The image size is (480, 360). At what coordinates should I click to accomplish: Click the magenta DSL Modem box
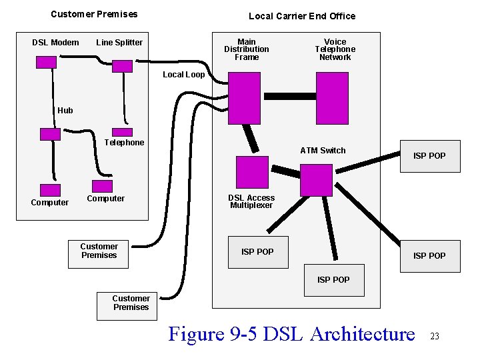pyautogui.click(x=46, y=62)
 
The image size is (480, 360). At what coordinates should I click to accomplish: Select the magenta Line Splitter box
pyautogui.click(x=123, y=66)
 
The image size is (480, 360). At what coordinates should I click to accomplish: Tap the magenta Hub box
pyautogui.click(x=50, y=133)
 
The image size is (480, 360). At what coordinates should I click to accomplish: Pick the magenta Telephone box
pyautogui.click(x=123, y=133)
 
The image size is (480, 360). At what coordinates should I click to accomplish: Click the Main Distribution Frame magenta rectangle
pyautogui.click(x=244, y=98)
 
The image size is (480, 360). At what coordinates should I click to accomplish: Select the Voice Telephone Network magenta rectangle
pyautogui.click(x=331, y=98)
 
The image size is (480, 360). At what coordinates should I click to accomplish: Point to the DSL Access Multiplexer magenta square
pyautogui.click(x=251, y=172)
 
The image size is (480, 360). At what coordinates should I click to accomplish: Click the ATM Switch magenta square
pyautogui.click(x=316, y=180)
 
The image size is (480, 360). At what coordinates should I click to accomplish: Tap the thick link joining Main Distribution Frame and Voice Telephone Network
pyautogui.click(x=288, y=96)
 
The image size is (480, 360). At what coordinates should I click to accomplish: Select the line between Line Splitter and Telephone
pyautogui.click(x=123, y=100)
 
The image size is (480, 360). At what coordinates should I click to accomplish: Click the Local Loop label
pyautogui.click(x=184, y=75)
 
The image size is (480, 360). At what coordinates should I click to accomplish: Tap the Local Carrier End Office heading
pyautogui.click(x=302, y=16)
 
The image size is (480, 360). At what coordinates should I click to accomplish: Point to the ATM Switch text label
pyautogui.click(x=323, y=151)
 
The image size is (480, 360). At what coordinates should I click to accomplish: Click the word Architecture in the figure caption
pyautogui.click(x=363, y=333)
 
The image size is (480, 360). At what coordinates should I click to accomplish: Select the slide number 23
pyautogui.click(x=435, y=336)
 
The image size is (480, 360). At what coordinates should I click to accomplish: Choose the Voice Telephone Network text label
pyautogui.click(x=335, y=49)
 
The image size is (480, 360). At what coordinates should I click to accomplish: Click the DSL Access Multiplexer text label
pyautogui.click(x=251, y=201)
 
